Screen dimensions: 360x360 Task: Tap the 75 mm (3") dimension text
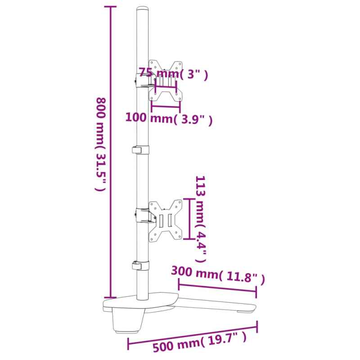(x=173, y=74)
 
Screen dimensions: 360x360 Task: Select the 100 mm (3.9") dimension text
(x=168, y=119)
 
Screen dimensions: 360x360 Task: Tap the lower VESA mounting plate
(x=166, y=219)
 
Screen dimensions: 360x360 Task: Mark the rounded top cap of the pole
(x=143, y=9)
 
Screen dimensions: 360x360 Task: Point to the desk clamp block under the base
(x=128, y=322)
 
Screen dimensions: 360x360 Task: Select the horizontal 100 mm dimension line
(x=166, y=107)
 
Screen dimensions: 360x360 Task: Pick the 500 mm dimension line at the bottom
(x=193, y=335)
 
